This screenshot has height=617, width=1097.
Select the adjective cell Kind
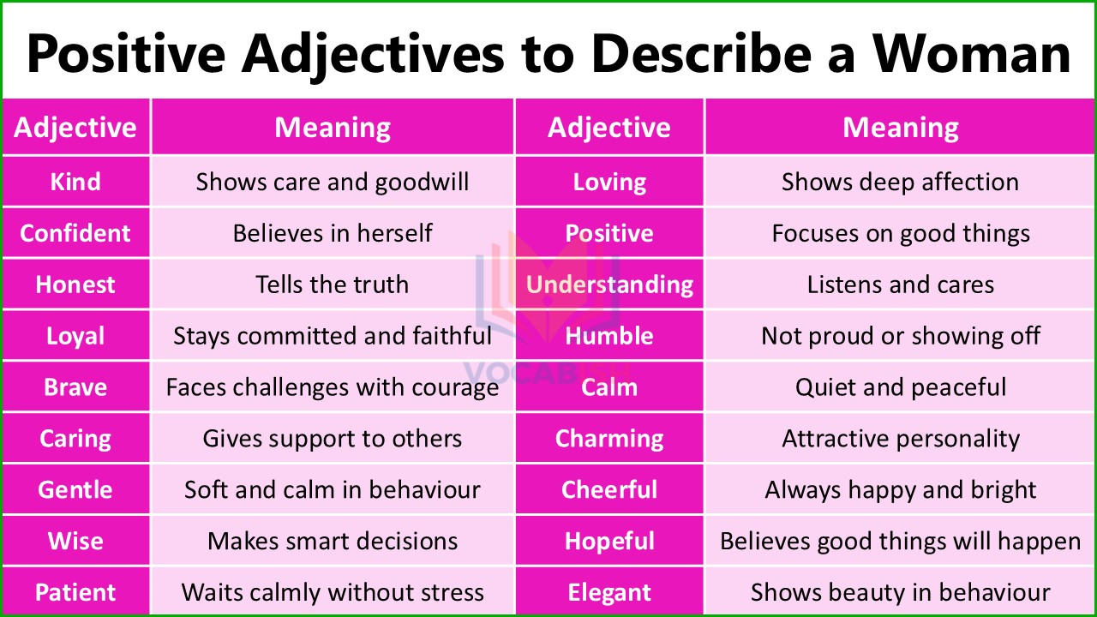click(75, 182)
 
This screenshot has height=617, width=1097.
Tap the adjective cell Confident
click(75, 233)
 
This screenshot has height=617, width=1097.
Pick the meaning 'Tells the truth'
click(333, 285)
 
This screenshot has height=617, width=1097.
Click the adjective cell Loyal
click(75, 336)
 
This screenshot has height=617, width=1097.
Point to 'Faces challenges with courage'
click(333, 387)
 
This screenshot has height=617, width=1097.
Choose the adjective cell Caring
click(75, 439)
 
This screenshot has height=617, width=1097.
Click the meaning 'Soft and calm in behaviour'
click(333, 490)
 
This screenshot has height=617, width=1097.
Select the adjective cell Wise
click(75, 542)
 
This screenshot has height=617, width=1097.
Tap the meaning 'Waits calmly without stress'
click(333, 592)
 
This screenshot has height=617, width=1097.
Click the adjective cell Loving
click(609, 182)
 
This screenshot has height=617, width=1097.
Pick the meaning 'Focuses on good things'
click(901, 233)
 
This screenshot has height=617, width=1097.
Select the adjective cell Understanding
click(609, 285)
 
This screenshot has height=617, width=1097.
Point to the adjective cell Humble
click(609, 336)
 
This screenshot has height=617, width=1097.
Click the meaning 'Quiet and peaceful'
click(901, 387)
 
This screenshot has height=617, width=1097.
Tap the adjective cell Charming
click(609, 439)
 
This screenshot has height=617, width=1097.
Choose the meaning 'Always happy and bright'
click(901, 490)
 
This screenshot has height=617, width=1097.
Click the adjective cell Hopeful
click(609, 542)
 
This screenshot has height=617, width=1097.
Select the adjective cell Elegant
click(609, 592)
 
